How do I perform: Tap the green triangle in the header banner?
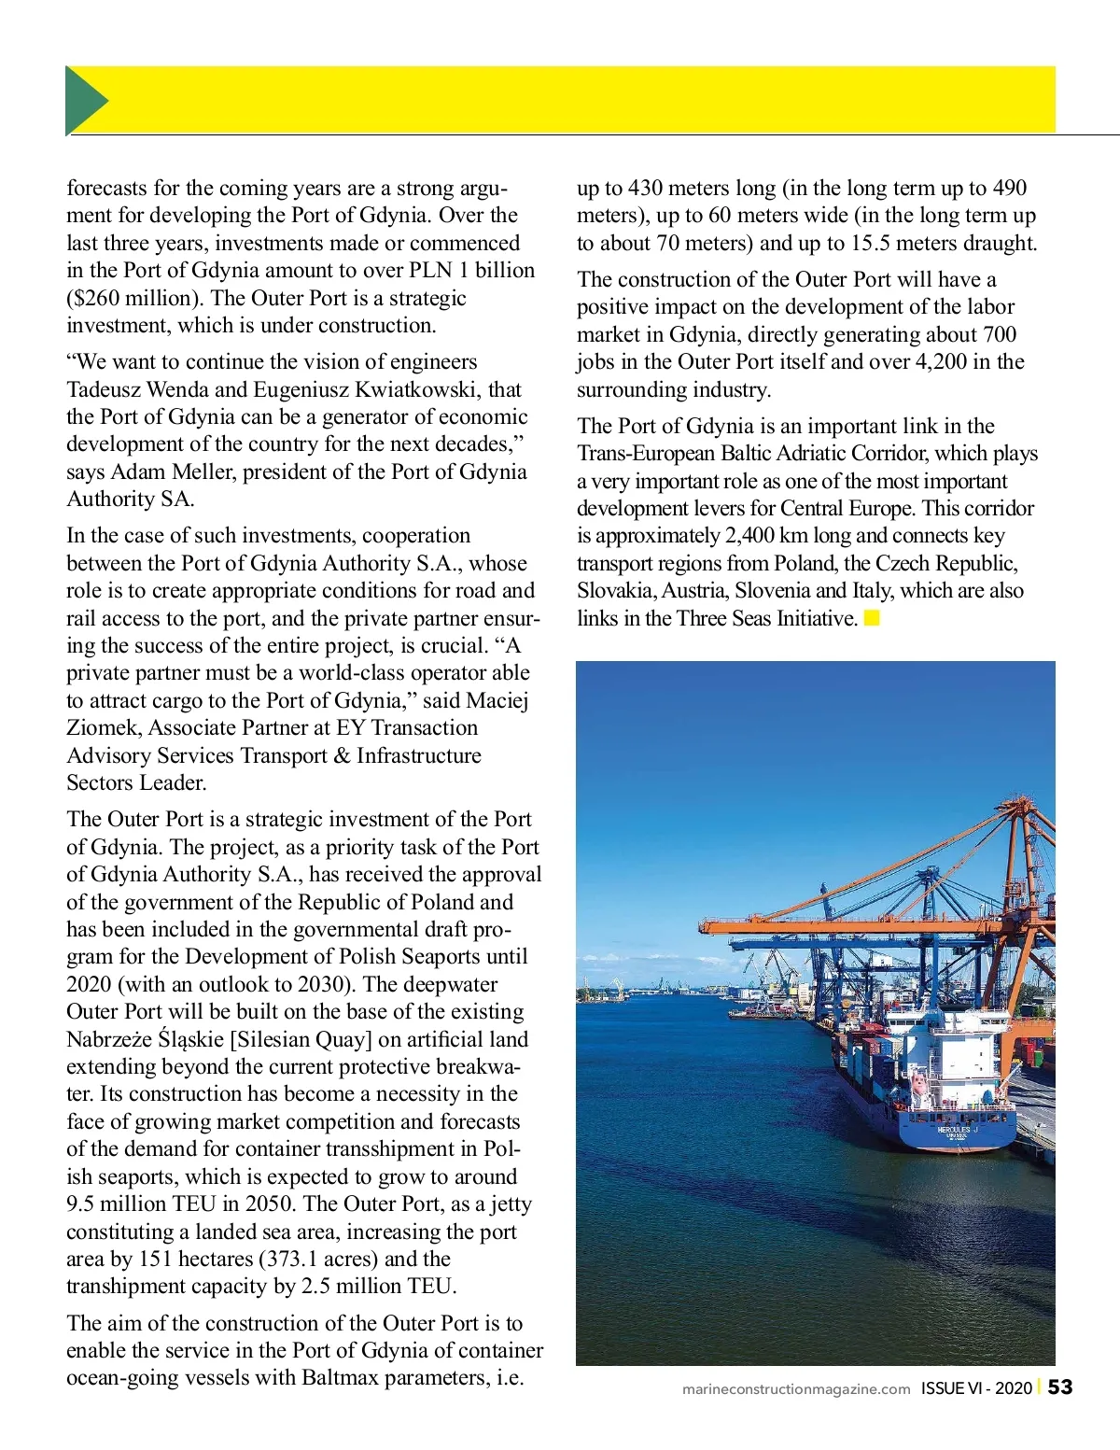click(x=85, y=101)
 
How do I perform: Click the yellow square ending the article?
click(x=872, y=618)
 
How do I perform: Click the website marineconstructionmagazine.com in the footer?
click(x=795, y=1388)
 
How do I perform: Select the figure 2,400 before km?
click(x=754, y=535)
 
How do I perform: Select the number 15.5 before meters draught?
click(x=872, y=243)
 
